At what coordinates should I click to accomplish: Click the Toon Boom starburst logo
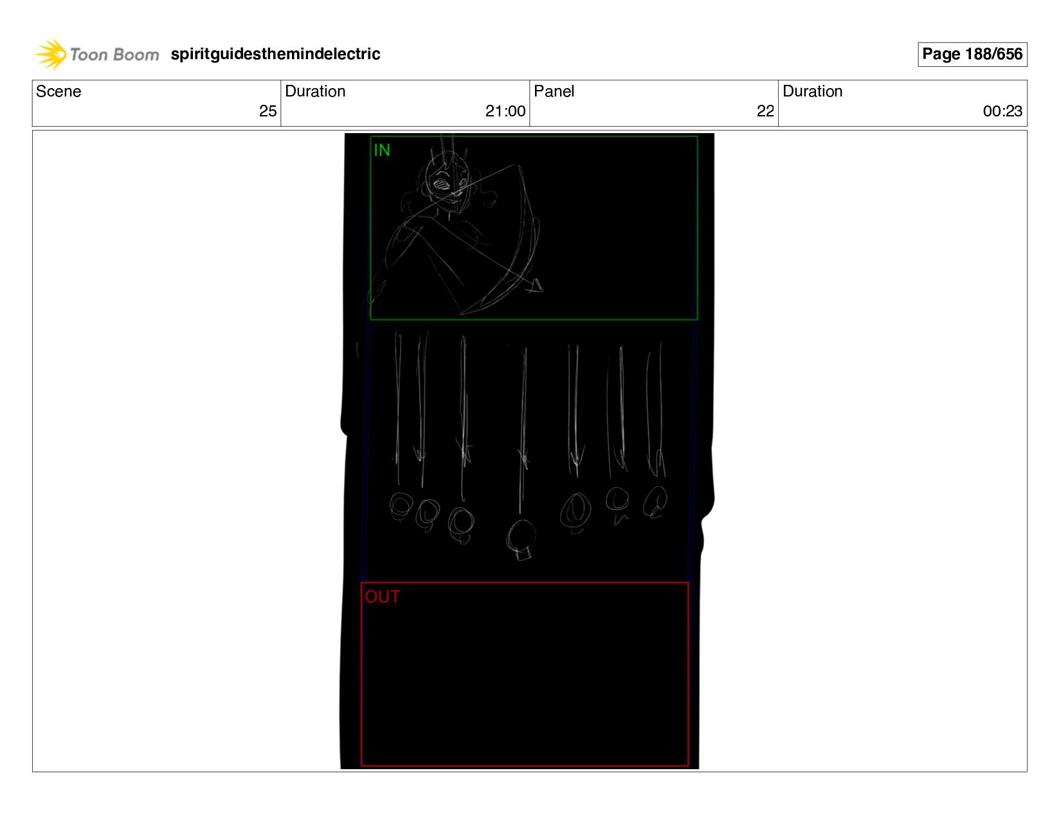pos(50,54)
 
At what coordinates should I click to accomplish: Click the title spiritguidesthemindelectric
pos(275,54)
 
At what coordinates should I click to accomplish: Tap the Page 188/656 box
pos(972,54)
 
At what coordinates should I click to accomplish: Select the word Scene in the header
pos(59,91)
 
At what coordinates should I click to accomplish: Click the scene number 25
pos(268,111)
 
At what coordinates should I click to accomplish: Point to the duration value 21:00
pos(505,111)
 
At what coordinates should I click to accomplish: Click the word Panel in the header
pos(554,91)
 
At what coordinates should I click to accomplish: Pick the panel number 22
pos(765,111)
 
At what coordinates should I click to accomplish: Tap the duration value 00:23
pos(1002,111)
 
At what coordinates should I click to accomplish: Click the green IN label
pos(382,150)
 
